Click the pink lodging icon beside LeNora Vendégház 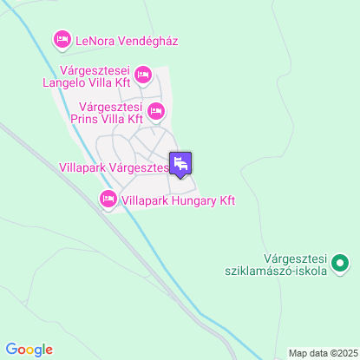click(62, 40)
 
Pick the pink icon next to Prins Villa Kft click(156, 110)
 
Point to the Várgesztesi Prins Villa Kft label click(105, 113)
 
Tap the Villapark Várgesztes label click(113, 167)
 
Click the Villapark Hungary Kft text click(179, 200)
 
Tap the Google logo click(29, 350)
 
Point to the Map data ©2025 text click(323, 353)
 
